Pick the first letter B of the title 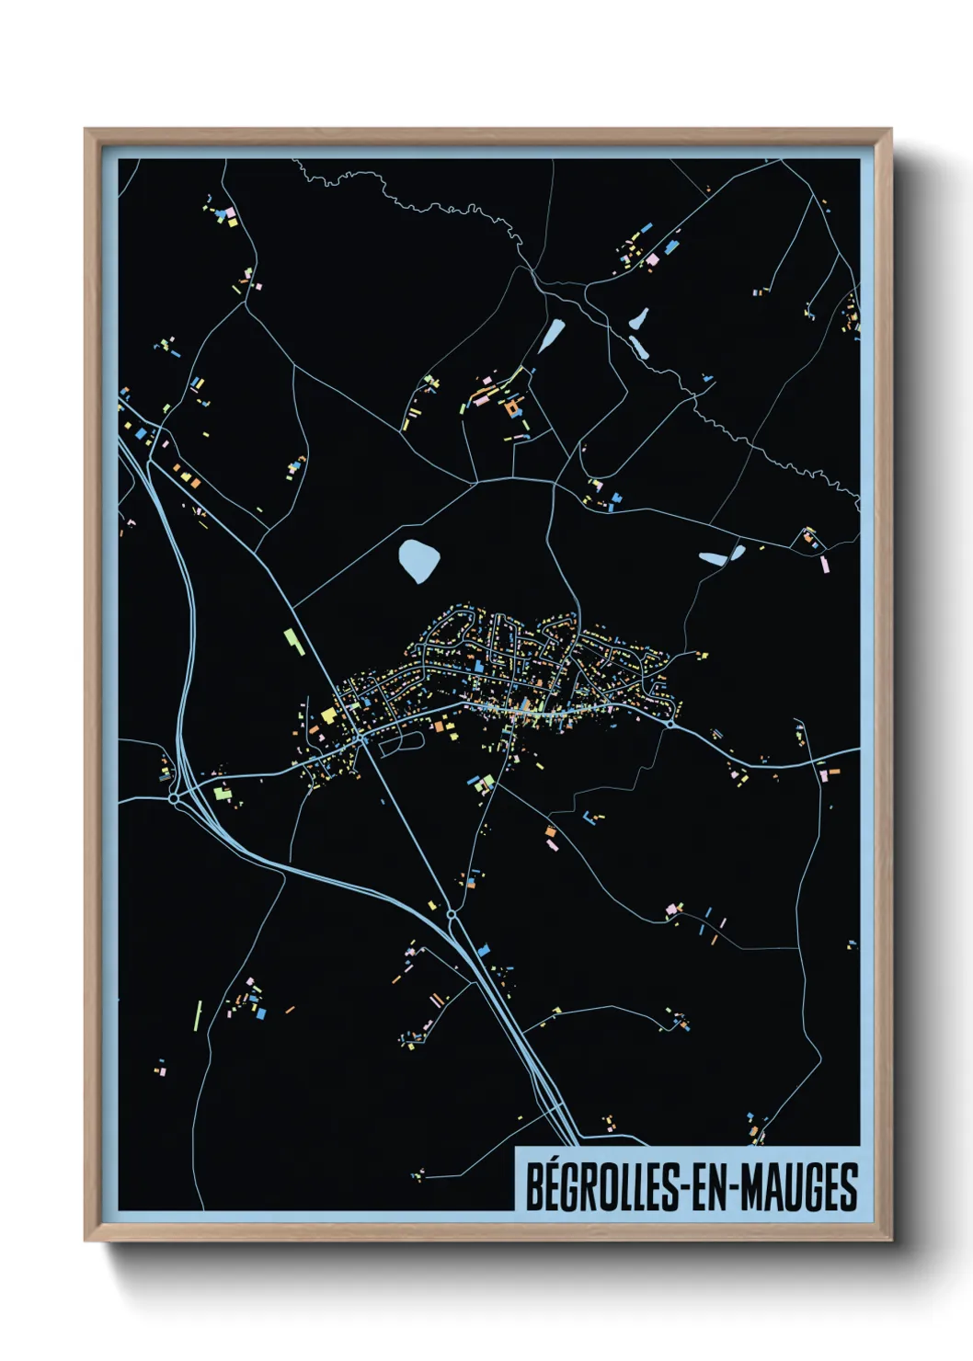point(534,1187)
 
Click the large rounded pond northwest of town point(418,559)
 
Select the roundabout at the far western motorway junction point(174,799)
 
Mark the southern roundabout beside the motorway point(452,915)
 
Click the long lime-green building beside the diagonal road point(293,640)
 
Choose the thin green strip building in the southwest point(197,1015)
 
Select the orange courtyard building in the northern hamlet point(511,406)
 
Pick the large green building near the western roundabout point(221,790)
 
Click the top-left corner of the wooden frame point(86,130)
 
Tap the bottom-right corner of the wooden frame point(890,1241)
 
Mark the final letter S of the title point(848,1187)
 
